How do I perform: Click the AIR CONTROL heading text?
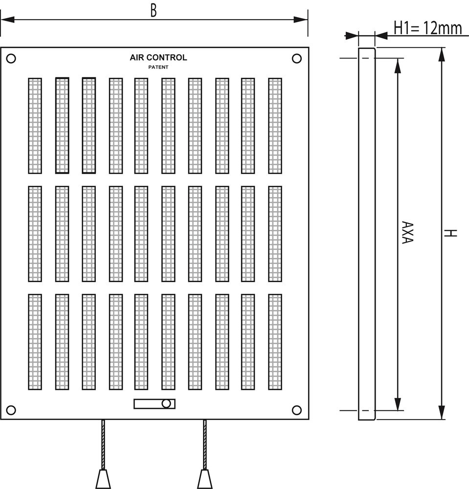click(x=158, y=58)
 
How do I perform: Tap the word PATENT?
click(x=158, y=67)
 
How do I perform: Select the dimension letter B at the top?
click(x=154, y=11)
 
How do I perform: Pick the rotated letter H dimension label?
click(x=451, y=233)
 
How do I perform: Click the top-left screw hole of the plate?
click(x=11, y=59)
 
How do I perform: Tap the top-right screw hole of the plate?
click(x=296, y=59)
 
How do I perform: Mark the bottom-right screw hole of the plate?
click(x=296, y=410)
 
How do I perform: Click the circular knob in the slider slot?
click(x=166, y=404)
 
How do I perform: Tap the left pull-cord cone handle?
click(x=103, y=479)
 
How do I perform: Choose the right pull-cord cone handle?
click(x=204, y=479)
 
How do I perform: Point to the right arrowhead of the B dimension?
click(x=301, y=20)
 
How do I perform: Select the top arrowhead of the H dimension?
click(x=442, y=54)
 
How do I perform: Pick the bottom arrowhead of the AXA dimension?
click(x=398, y=404)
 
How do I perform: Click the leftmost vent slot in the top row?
click(x=35, y=126)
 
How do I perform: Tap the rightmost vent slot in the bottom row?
click(x=275, y=342)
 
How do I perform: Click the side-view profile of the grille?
click(x=366, y=234)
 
